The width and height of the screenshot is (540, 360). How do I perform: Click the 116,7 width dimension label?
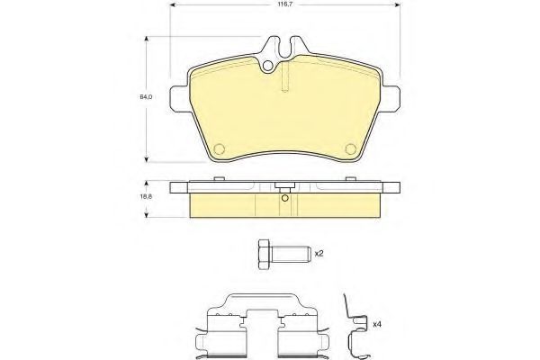285,4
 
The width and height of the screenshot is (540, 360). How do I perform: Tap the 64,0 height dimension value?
146,97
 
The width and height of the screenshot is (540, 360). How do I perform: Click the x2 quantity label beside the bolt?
319,254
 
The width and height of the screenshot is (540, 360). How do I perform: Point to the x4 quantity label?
377,324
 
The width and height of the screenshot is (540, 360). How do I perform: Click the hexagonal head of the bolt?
265,255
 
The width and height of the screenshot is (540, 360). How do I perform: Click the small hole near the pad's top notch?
267,66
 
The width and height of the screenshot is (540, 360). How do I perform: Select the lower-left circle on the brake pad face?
219,148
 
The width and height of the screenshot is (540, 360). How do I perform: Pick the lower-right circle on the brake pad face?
351,148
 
